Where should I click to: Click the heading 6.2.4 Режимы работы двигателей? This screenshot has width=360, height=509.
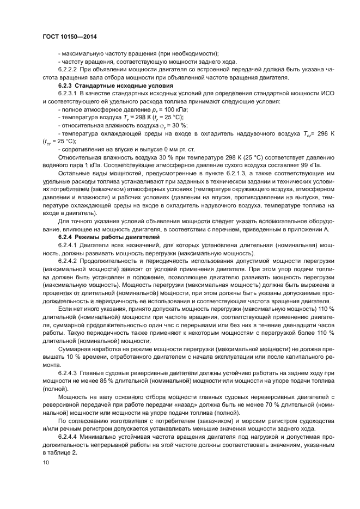tap(105, 238)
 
